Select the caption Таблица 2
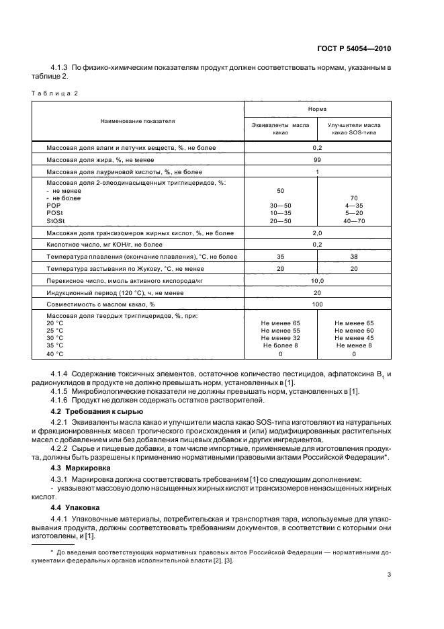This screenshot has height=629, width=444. [x=55, y=93]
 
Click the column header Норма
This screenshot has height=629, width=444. [x=317, y=108]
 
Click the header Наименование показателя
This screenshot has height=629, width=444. [x=138, y=122]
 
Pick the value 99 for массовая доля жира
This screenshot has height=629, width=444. [x=317, y=160]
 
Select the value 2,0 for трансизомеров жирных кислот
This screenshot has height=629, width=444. [x=317, y=233]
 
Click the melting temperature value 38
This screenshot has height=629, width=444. [x=354, y=257]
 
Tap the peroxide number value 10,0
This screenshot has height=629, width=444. [x=317, y=281]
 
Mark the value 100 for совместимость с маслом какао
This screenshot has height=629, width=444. [x=317, y=305]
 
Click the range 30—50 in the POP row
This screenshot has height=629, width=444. [x=280, y=205]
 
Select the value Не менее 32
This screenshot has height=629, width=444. [x=280, y=338]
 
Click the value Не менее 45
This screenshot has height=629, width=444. [x=354, y=338]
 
